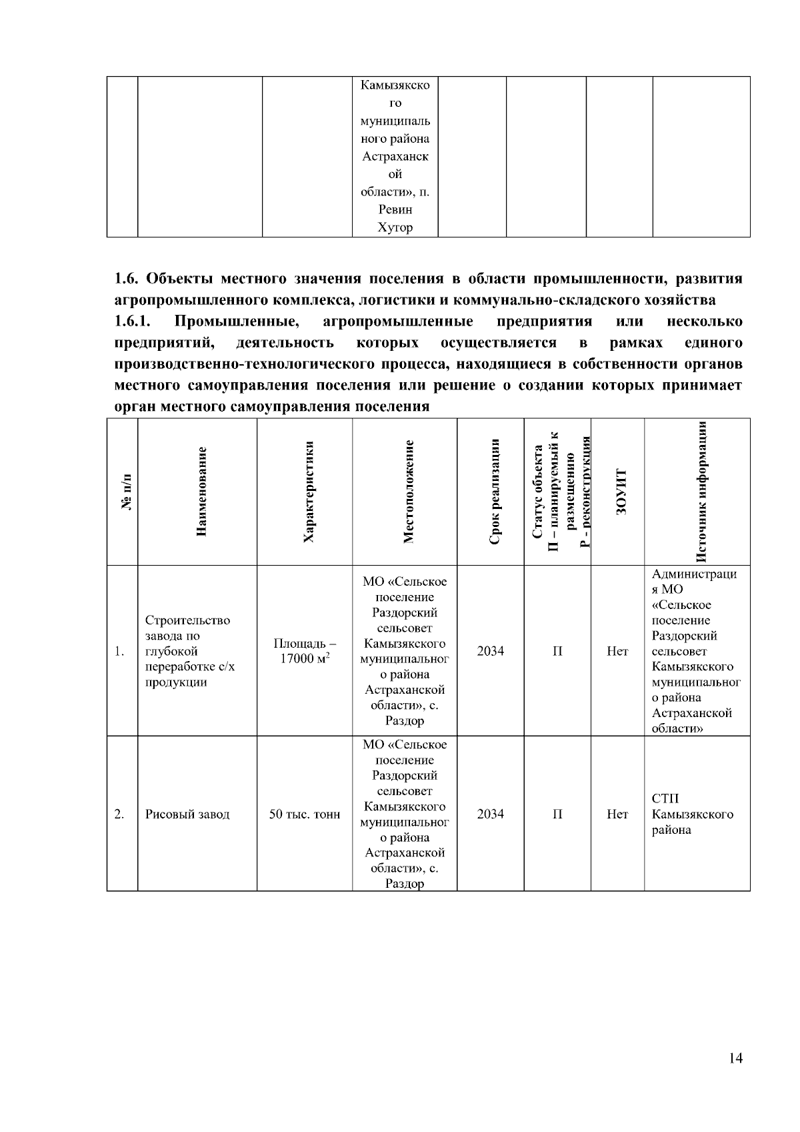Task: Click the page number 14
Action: [735, 1059]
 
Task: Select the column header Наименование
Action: [202, 492]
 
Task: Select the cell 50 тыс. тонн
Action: [305, 814]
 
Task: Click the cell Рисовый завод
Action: [187, 814]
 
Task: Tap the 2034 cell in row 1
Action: [491, 651]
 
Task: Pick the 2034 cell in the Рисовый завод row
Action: [491, 814]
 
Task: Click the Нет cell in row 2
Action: [617, 814]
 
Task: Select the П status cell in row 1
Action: [557, 651]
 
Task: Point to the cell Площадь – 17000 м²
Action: [305, 651]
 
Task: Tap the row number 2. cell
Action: [120, 814]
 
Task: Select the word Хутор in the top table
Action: [395, 227]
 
